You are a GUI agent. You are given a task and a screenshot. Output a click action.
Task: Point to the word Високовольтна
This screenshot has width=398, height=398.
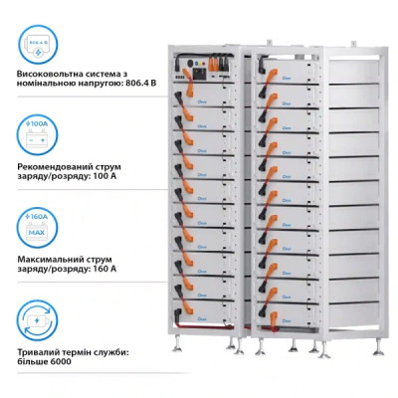(x=54, y=76)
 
